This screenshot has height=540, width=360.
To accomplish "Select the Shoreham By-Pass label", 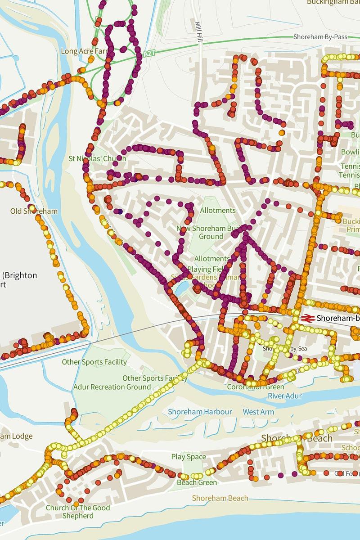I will [x=320, y=37].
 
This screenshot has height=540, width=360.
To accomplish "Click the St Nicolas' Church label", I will [x=97, y=159].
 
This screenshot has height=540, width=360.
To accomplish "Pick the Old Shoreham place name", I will [x=28, y=211].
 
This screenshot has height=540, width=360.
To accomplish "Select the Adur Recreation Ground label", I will [x=112, y=387].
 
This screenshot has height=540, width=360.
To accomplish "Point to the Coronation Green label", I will [x=255, y=387].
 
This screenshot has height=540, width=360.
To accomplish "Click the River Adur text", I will [x=285, y=396].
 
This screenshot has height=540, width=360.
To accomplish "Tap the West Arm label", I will [x=258, y=412].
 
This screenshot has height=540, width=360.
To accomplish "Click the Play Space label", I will [x=189, y=457].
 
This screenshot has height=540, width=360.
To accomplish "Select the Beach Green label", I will [x=197, y=482].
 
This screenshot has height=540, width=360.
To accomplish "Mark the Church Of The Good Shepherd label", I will [x=77, y=512].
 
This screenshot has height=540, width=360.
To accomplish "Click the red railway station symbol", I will [x=307, y=318].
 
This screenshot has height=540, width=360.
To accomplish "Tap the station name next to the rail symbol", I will [x=338, y=318].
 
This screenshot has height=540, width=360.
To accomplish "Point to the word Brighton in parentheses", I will [x=21, y=275].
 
